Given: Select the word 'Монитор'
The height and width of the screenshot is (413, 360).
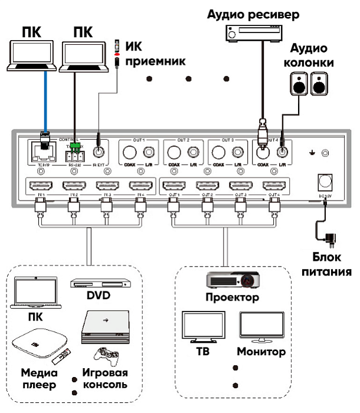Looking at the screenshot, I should [261, 352].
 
